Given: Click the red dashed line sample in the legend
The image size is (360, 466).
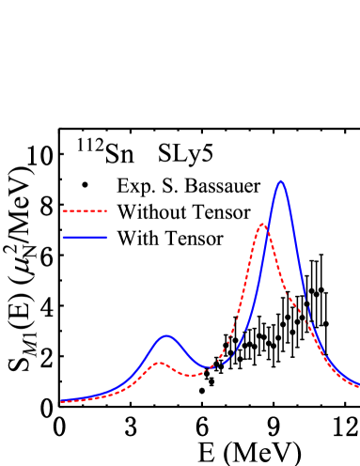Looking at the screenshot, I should click(85, 211).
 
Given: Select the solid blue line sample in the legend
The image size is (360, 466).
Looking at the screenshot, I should click(85, 238).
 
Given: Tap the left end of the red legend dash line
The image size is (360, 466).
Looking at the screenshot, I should click(63, 211).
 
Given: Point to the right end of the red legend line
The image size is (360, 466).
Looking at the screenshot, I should click(106, 211).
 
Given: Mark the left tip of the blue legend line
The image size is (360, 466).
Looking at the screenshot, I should click(63, 238).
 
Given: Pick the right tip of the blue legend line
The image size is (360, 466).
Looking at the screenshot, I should click(106, 238).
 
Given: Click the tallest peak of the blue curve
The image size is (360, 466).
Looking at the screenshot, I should click(281, 181).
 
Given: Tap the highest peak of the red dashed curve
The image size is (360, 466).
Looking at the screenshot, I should click(262, 225).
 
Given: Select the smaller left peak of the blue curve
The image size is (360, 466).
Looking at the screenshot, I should click(167, 335).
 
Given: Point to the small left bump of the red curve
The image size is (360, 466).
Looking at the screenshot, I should click(160, 363).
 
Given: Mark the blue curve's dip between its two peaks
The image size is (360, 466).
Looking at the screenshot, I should click(211, 366).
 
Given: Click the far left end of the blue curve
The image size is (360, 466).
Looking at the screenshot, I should click(61, 400).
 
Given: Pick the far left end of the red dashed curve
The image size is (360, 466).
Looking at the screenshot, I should click(61, 402).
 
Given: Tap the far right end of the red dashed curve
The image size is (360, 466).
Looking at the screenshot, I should click(358, 386).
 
